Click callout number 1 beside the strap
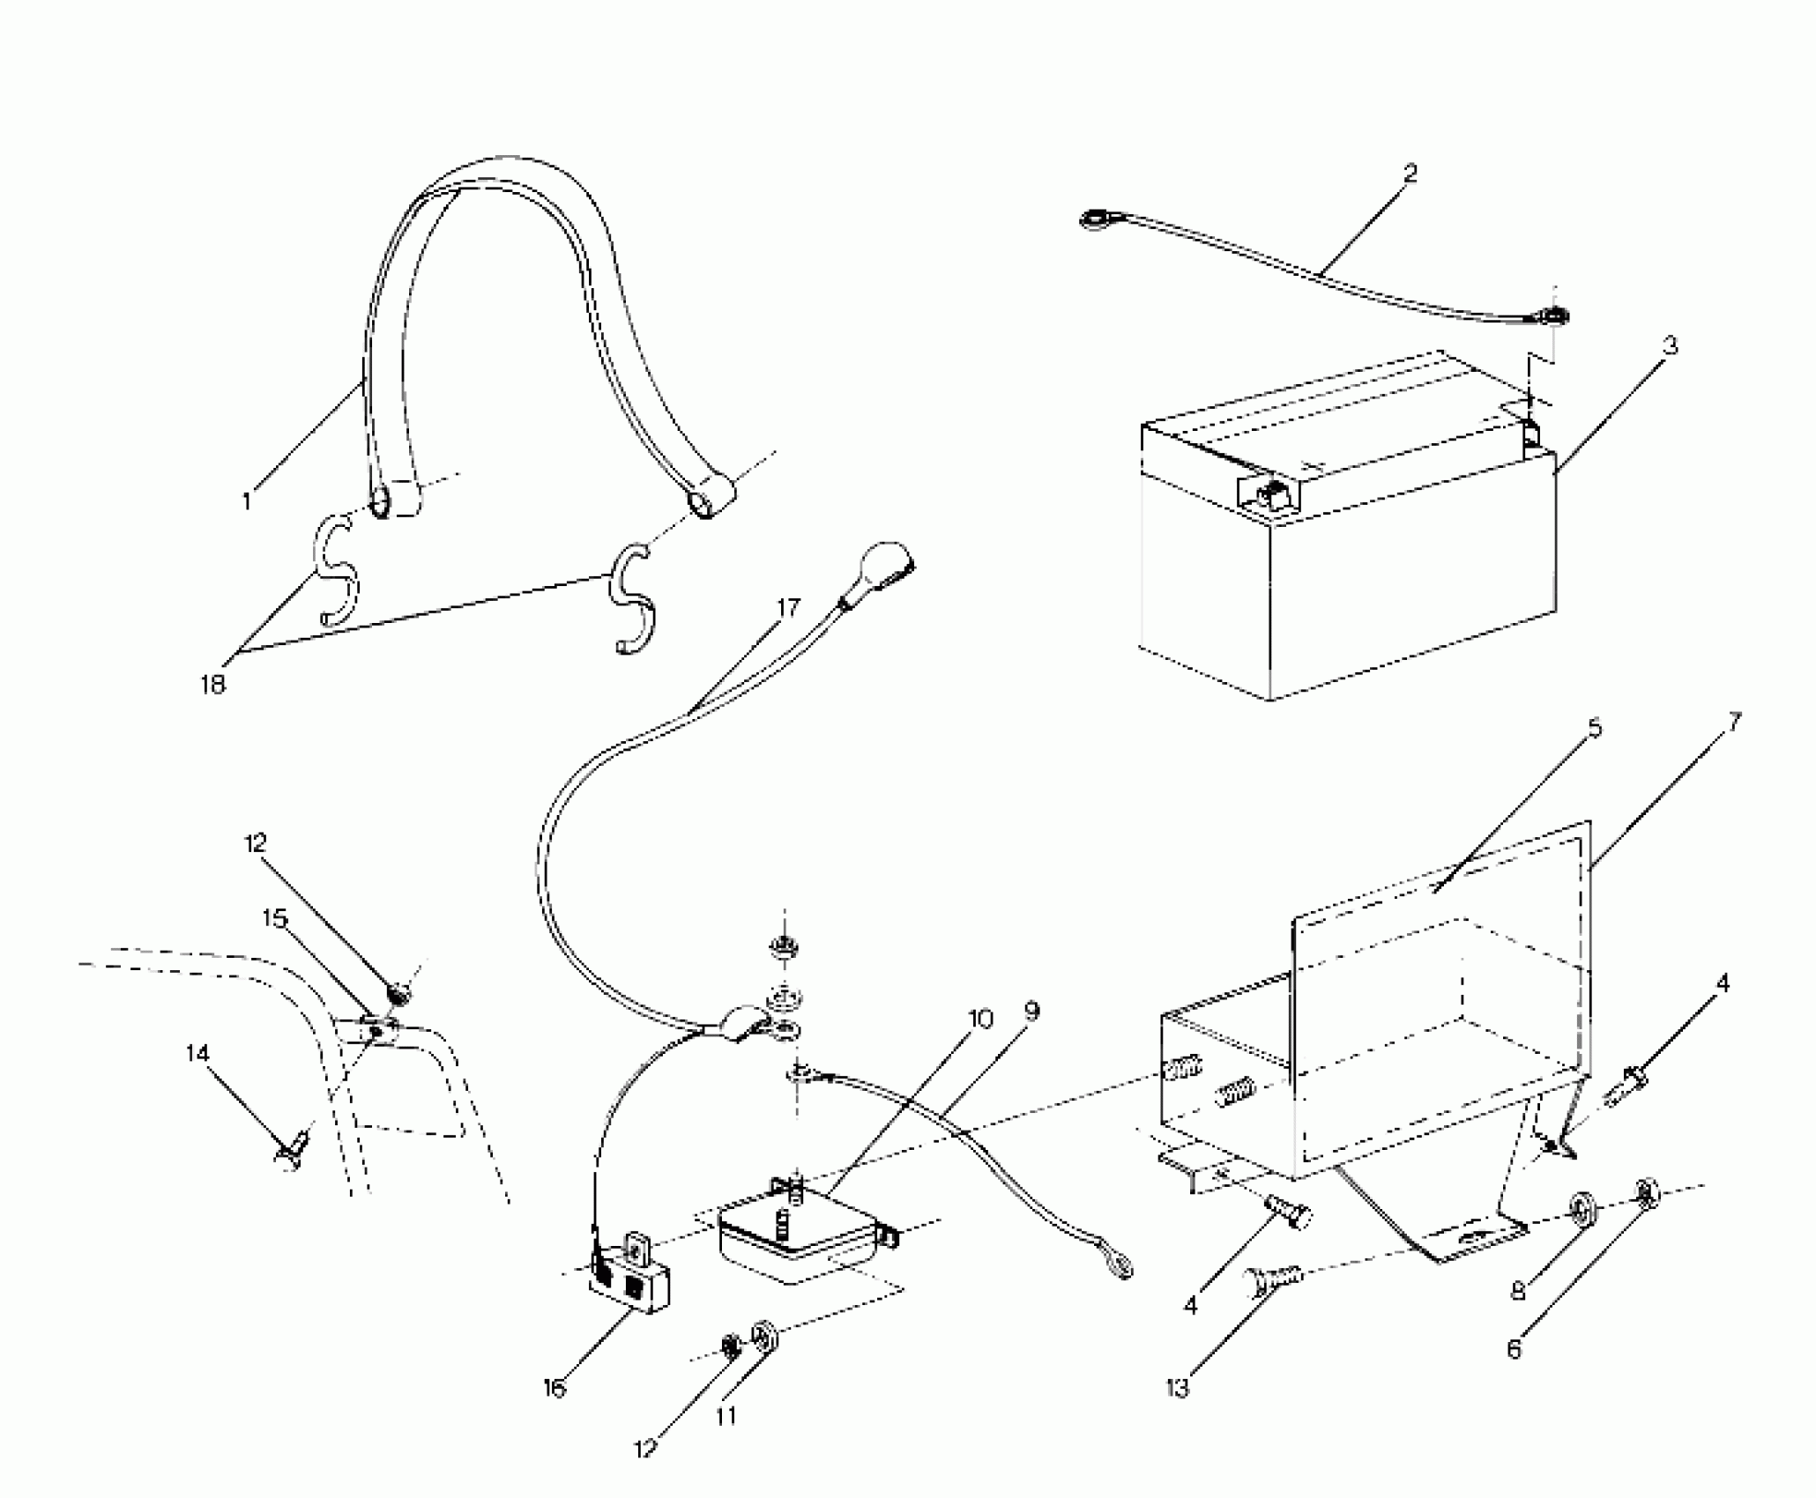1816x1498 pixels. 248,501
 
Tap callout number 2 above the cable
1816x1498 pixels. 1410,174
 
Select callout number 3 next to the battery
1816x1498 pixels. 1670,345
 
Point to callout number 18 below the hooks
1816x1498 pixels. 213,684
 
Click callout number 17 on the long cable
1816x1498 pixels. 788,607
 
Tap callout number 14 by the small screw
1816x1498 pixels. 198,1053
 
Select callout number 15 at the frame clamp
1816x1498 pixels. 275,919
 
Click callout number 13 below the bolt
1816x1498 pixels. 1177,1388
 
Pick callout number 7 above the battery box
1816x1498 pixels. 1734,723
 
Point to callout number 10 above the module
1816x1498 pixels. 980,1020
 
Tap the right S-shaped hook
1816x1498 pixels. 632,601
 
